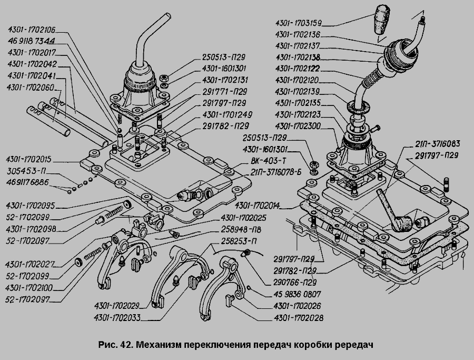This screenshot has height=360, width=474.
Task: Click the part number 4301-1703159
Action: coord(299,23)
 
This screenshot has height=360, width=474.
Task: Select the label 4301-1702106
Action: coord(31,30)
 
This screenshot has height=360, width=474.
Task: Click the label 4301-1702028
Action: coord(298,318)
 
